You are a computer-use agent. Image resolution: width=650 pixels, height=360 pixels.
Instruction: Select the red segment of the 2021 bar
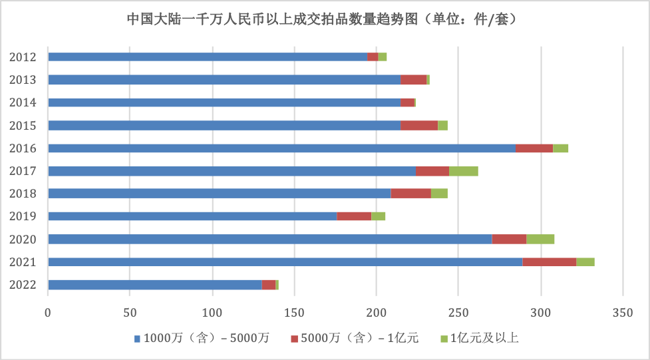click(550, 262)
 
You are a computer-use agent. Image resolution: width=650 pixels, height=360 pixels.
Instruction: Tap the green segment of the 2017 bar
click(464, 171)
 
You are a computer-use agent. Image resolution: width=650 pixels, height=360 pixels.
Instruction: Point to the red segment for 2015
click(419, 125)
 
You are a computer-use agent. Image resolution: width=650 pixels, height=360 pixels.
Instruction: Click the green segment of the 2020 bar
click(540, 239)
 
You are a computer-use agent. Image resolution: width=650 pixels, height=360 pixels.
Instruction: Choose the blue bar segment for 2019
click(192, 216)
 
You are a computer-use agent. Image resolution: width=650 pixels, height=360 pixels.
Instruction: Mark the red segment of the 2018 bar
click(411, 194)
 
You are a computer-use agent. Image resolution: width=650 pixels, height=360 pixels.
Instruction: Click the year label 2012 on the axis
click(23, 57)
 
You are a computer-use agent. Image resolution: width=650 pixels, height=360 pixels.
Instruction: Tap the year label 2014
click(23, 102)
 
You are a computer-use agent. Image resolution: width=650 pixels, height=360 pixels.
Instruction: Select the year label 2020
click(23, 239)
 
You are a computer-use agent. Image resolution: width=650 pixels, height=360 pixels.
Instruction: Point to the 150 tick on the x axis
click(294, 311)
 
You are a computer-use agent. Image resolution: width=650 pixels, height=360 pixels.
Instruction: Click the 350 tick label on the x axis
click(623, 311)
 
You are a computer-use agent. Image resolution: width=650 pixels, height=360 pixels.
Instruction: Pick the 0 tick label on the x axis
click(48, 311)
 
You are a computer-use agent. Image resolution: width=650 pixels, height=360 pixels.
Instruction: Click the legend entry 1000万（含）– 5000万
click(205, 339)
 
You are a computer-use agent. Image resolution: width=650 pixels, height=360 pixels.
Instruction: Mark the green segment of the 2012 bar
click(383, 57)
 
